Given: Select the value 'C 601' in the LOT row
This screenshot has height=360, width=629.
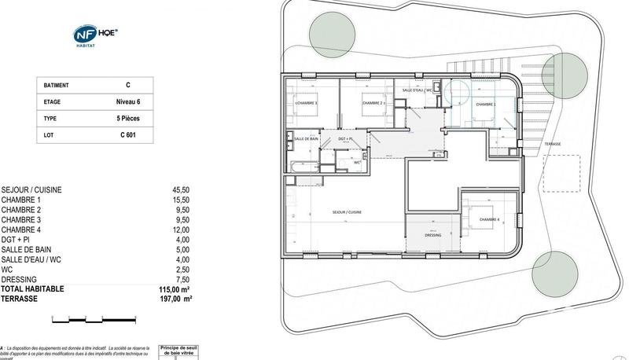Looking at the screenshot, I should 128,135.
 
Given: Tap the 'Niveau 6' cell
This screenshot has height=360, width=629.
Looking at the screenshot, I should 128,101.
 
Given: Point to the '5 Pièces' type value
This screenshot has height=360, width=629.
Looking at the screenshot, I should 128,119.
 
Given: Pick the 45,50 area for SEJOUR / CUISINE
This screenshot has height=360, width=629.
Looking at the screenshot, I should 182,190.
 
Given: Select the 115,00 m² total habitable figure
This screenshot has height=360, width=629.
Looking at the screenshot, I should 175,289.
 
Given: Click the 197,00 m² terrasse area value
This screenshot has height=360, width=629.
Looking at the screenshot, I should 175,299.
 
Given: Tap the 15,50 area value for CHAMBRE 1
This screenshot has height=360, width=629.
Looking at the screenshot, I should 182,200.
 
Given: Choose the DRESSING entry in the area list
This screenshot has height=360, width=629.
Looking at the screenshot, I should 20,279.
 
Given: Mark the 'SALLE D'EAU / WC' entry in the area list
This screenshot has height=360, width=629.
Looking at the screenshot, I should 31,259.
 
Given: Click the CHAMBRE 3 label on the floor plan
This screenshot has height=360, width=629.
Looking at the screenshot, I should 305,103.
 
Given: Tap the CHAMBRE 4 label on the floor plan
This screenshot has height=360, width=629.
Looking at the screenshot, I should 488,219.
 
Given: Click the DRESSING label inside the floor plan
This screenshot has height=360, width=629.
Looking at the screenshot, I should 432,235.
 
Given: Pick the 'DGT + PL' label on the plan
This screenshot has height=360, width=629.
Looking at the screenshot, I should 348,138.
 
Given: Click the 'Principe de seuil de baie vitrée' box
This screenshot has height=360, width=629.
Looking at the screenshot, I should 183,351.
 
